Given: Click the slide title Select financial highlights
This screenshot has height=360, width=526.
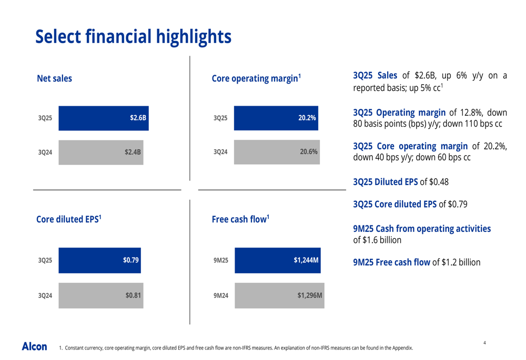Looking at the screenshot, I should click(133, 37).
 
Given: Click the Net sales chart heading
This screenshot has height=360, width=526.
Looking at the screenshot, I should click(54, 79).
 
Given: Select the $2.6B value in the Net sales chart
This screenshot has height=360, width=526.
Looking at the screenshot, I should click(138, 118).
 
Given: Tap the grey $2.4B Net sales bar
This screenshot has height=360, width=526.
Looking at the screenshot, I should click(100, 152).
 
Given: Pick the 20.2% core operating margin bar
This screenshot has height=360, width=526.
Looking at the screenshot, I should click(276, 118).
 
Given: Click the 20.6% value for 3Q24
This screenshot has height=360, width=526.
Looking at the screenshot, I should click(308, 152).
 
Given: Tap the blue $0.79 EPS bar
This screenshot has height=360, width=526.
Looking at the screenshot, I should click(99, 260).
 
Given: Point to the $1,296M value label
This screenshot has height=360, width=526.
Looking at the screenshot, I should click(309, 295).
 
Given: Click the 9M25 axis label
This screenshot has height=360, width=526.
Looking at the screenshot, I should click(220, 260).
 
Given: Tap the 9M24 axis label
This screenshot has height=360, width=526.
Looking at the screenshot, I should click(220, 296).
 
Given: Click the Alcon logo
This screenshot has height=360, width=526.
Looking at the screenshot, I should click(34, 346).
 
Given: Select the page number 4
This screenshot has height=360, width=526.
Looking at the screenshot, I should click(484, 343).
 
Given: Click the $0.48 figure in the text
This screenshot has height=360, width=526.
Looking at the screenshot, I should click(439, 182).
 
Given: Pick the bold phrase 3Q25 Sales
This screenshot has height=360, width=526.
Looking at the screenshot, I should click(375, 76).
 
